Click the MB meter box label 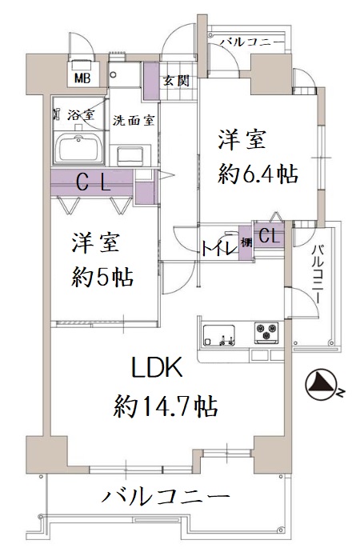click(x=82, y=78)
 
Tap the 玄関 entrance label click(x=176, y=81)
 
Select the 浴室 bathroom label click(x=81, y=114)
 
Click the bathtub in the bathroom click(x=80, y=149)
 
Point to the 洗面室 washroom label click(x=134, y=121)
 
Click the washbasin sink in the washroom click(x=130, y=156)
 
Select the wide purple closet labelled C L click(x=92, y=183)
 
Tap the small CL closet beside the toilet click(x=269, y=235)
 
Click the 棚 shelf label click(x=246, y=242)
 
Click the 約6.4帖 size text click(x=258, y=174)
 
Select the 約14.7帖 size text click(x=165, y=406)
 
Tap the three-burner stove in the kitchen click(x=266, y=333)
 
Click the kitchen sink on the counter click(x=219, y=335)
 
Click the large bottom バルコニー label click(x=166, y=497)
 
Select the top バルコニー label click(x=252, y=42)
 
